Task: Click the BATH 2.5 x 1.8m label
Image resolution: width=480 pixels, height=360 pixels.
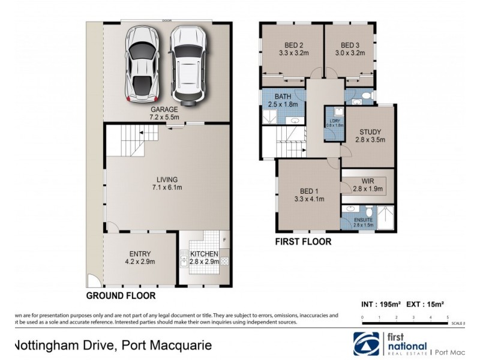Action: [283, 100]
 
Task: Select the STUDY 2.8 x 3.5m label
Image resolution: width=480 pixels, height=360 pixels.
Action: [370, 136]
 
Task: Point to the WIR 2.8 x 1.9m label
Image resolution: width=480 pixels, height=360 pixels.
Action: [368, 184]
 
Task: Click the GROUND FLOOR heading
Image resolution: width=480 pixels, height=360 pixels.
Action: [121, 296]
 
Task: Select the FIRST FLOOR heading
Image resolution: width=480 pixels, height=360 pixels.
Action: [303, 242]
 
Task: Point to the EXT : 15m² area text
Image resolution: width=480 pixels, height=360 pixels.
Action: [425, 304]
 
